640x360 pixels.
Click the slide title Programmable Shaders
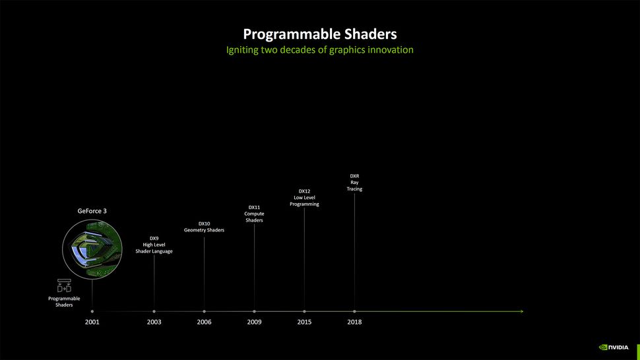(320, 34)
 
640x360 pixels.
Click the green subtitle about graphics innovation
(320, 50)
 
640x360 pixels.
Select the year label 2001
(92, 322)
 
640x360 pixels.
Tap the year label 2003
(154, 322)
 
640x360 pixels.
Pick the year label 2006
(204, 322)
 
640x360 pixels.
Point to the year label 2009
(254, 322)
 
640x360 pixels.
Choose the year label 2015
(304, 322)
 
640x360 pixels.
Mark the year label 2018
(354, 322)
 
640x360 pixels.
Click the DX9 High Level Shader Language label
(154, 245)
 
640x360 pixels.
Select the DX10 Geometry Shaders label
(204, 227)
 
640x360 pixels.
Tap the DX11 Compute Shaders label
(254, 214)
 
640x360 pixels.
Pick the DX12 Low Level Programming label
(304, 198)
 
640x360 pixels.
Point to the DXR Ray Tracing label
(354, 183)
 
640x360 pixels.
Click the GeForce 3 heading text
(92, 211)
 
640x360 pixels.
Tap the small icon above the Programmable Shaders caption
(64, 286)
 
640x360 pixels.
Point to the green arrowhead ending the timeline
(521, 311)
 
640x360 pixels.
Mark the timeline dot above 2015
(304, 311)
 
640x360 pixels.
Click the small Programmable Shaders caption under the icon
(64, 302)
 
